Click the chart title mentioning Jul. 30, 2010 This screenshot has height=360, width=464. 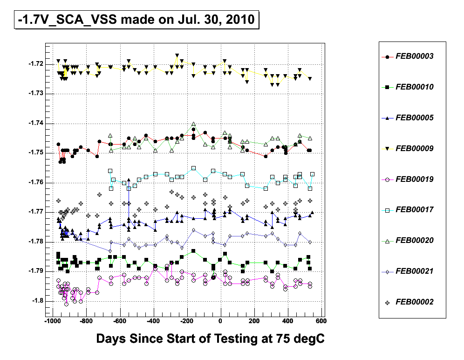point(136,20)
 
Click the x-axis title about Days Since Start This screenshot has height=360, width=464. point(210,339)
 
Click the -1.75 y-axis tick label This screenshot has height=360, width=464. point(36,152)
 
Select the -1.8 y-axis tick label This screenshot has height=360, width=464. point(38,300)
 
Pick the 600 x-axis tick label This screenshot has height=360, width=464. point(321,321)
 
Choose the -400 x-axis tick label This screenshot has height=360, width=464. point(153,321)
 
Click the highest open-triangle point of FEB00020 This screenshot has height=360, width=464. point(193,124)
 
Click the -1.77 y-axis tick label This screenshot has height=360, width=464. point(36,212)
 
